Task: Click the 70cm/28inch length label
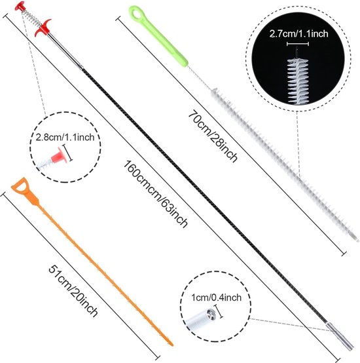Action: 213,137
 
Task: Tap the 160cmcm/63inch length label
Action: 155,194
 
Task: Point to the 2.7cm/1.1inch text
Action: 298,34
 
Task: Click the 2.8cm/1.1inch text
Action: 65,138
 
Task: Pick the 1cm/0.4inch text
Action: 216,297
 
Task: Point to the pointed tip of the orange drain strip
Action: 171,345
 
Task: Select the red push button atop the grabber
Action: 20,6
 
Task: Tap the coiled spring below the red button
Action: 31,17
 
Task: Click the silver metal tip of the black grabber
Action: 340,336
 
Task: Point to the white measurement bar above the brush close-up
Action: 298,44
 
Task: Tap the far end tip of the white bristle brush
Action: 357,240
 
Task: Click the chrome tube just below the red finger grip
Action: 65,50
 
